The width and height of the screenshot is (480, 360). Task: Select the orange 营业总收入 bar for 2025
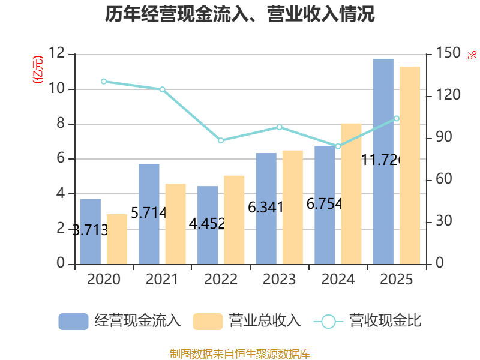[410, 165]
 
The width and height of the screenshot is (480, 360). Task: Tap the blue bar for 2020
[90, 231]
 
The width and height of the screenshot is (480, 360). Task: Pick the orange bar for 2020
[117, 239]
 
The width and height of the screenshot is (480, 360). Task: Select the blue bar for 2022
[208, 225]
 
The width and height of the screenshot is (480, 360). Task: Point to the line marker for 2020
[104, 81]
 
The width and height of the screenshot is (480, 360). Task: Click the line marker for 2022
[221, 140]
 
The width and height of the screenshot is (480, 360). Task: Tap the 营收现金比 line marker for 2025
[397, 118]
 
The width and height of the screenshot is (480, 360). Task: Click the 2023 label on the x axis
[279, 280]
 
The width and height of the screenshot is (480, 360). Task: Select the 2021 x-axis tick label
[162, 280]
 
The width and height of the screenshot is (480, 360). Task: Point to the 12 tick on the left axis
[57, 54]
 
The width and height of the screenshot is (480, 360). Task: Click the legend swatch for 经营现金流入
[73, 322]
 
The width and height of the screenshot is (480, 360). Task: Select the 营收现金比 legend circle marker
[328, 322]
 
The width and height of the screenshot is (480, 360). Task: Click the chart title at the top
[240, 14]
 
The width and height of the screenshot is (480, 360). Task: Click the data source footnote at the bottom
[240, 353]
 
